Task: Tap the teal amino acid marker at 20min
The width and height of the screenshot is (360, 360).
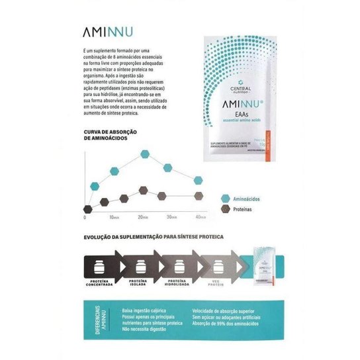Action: tap(144, 156)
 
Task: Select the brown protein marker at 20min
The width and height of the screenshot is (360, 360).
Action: tap(144, 191)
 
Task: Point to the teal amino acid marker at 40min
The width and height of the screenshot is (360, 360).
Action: tap(198, 180)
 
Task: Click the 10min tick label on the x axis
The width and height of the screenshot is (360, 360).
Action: tap(114, 216)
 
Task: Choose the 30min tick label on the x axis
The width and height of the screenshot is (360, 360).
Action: tap(171, 216)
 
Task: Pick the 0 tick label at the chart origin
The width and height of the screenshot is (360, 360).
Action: tap(85, 216)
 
